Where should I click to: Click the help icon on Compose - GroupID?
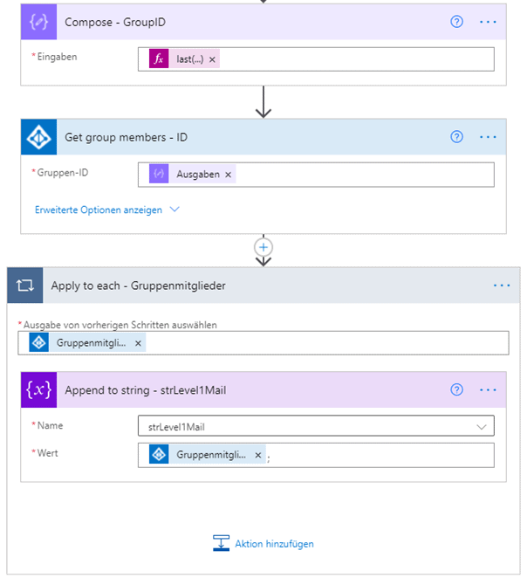coord(456,22)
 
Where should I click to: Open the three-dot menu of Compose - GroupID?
coord(488,22)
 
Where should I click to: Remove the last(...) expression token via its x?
coord(212,59)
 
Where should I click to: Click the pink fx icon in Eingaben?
coord(159,58)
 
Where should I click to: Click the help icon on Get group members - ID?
coord(456,137)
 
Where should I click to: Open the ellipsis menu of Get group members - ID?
coord(488,137)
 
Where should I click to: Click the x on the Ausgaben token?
coord(229,175)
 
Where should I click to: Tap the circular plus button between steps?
coord(263,247)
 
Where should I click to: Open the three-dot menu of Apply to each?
coord(502,286)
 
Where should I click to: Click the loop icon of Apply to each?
coord(25,286)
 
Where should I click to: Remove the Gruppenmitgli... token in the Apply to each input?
coord(138,343)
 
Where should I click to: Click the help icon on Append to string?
coord(456,389)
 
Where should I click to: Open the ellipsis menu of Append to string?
coord(488,390)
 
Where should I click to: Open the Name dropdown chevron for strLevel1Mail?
coord(482,427)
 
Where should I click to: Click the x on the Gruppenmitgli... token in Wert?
coord(258,455)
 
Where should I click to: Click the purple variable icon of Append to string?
coord(38,389)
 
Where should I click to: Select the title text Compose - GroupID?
coord(115,22)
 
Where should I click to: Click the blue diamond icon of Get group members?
coord(38,137)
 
